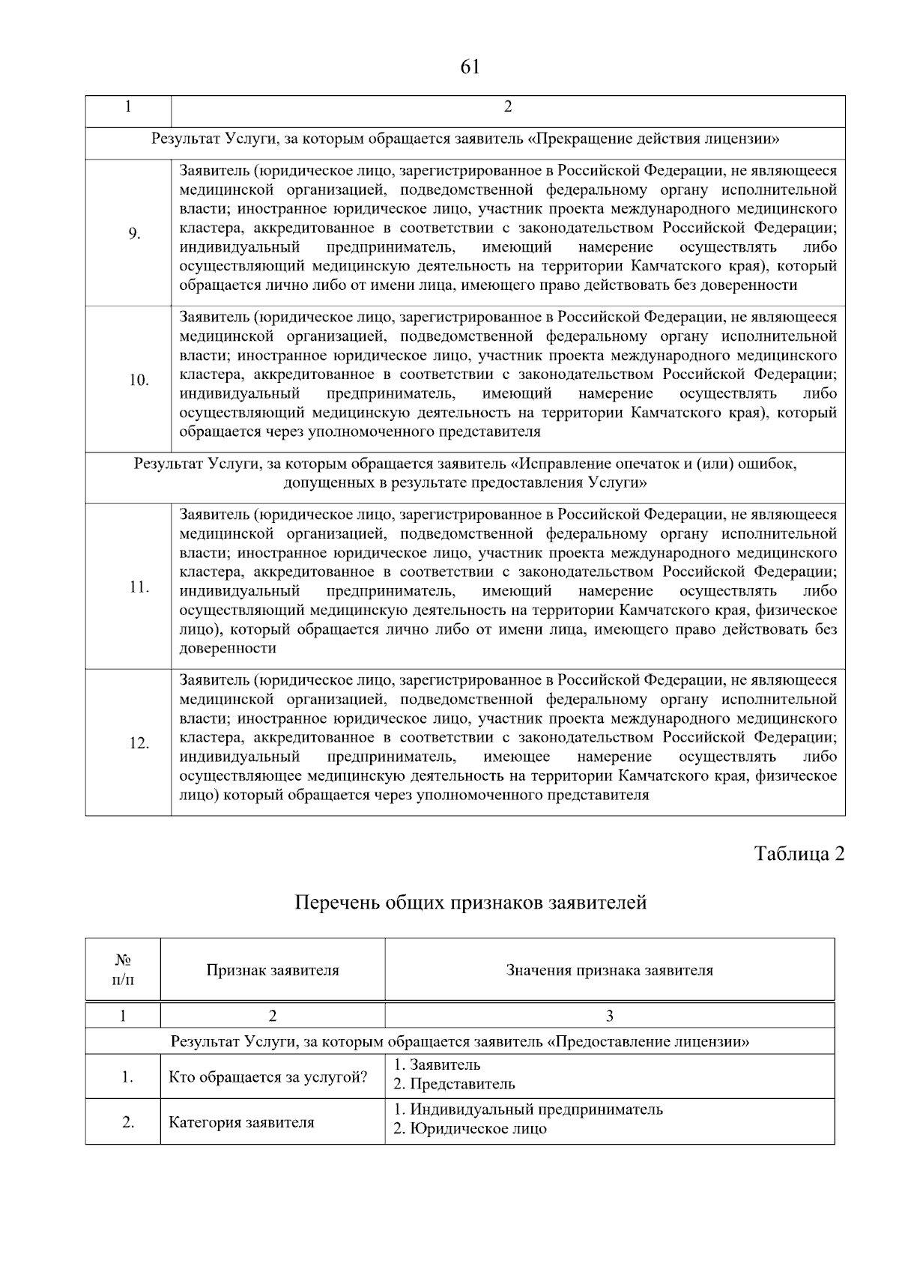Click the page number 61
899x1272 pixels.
(x=470, y=67)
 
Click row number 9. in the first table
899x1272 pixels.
(x=135, y=234)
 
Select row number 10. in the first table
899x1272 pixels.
(x=139, y=380)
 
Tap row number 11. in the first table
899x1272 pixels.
(x=139, y=587)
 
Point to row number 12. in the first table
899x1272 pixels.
(x=139, y=743)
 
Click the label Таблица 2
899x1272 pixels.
(x=799, y=854)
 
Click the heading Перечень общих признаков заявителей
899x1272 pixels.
(x=470, y=903)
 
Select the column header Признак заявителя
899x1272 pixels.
(x=273, y=970)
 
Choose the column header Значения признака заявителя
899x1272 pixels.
(x=609, y=970)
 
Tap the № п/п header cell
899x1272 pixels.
(x=124, y=970)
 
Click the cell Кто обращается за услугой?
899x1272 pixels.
(x=267, y=1077)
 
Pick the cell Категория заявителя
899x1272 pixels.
(x=241, y=1122)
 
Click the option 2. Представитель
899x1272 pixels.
(x=455, y=1084)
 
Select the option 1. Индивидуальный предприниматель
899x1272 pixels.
(x=528, y=1109)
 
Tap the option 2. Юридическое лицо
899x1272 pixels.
(x=470, y=1129)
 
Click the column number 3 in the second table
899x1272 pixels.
(x=609, y=1016)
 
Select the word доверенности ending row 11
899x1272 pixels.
(x=228, y=649)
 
